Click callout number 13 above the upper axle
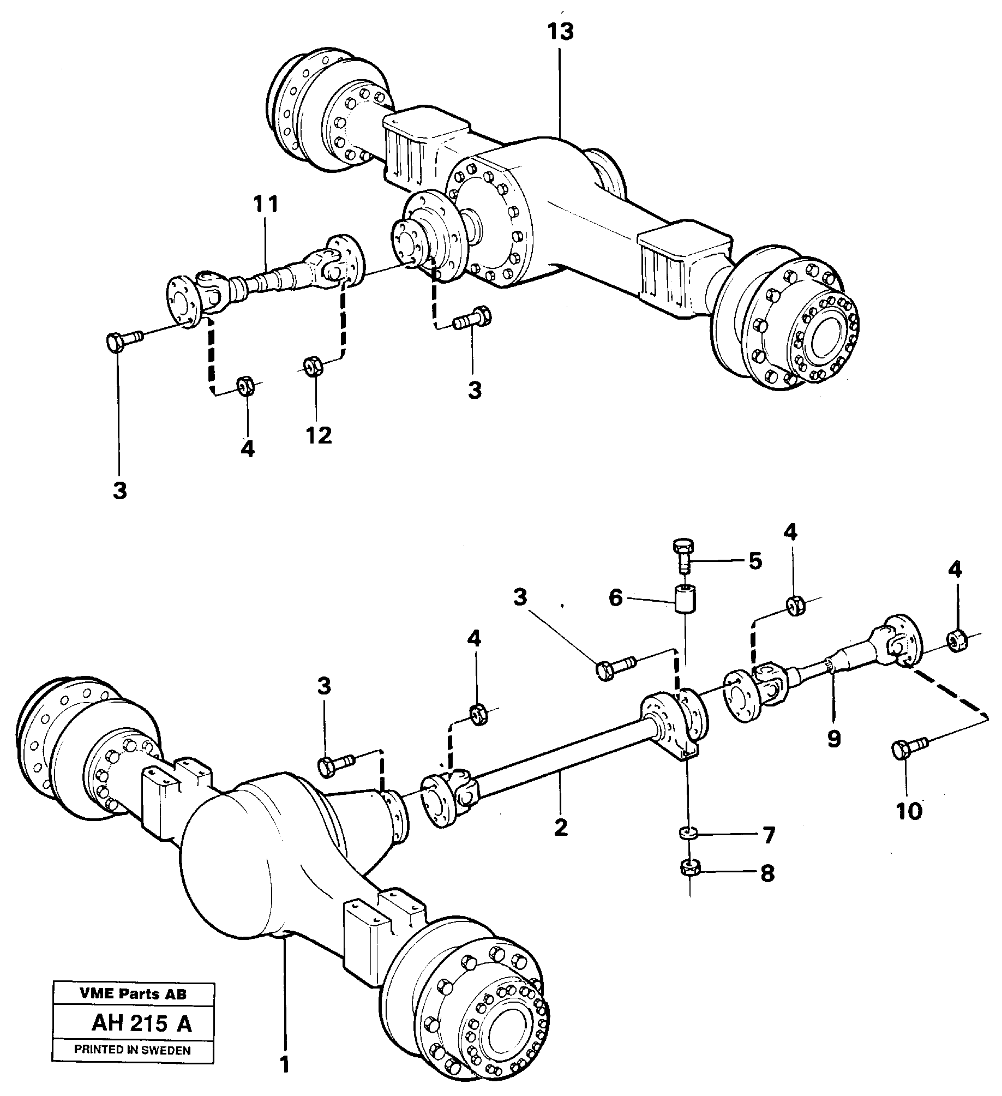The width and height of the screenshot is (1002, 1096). tap(561, 32)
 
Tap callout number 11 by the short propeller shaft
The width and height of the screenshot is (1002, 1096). tap(266, 205)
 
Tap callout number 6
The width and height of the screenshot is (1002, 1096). tap(615, 598)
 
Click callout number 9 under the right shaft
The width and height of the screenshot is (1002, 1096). tap(834, 739)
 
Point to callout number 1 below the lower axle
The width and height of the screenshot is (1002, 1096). tap(284, 1065)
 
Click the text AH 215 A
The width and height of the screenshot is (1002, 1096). tap(142, 1024)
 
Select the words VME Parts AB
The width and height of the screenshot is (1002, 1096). tap(133, 994)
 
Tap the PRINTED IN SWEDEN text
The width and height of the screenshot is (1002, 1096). tap(133, 1050)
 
